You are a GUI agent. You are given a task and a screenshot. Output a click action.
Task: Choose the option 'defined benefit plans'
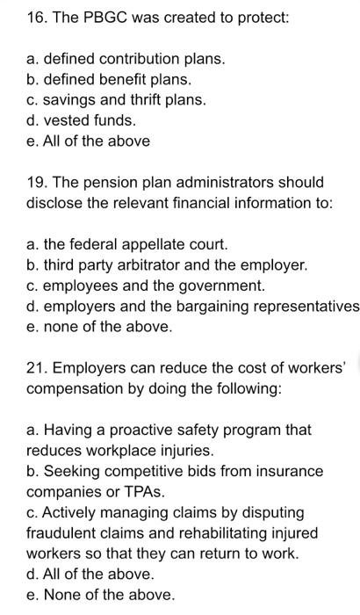(109, 79)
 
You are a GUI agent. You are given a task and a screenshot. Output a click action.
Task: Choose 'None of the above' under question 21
(100, 595)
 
